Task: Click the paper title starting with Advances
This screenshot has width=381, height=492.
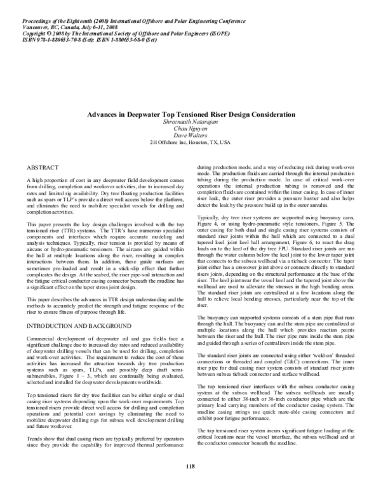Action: point(190,113)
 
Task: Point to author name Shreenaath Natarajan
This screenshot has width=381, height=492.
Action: point(190,120)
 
